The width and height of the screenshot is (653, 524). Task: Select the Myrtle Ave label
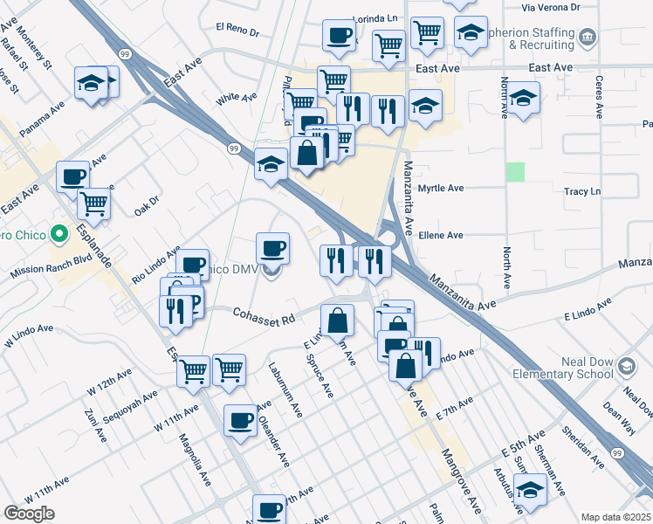coord(444,188)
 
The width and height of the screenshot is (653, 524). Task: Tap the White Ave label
coord(235,99)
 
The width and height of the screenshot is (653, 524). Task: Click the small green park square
coord(517,172)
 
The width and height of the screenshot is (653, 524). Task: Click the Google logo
coord(30,513)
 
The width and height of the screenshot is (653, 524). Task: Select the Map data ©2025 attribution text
coord(616,517)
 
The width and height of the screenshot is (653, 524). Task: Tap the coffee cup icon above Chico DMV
coord(272,247)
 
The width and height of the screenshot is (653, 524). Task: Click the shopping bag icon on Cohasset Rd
coord(338,320)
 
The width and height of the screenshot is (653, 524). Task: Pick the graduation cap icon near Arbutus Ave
coord(530,490)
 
